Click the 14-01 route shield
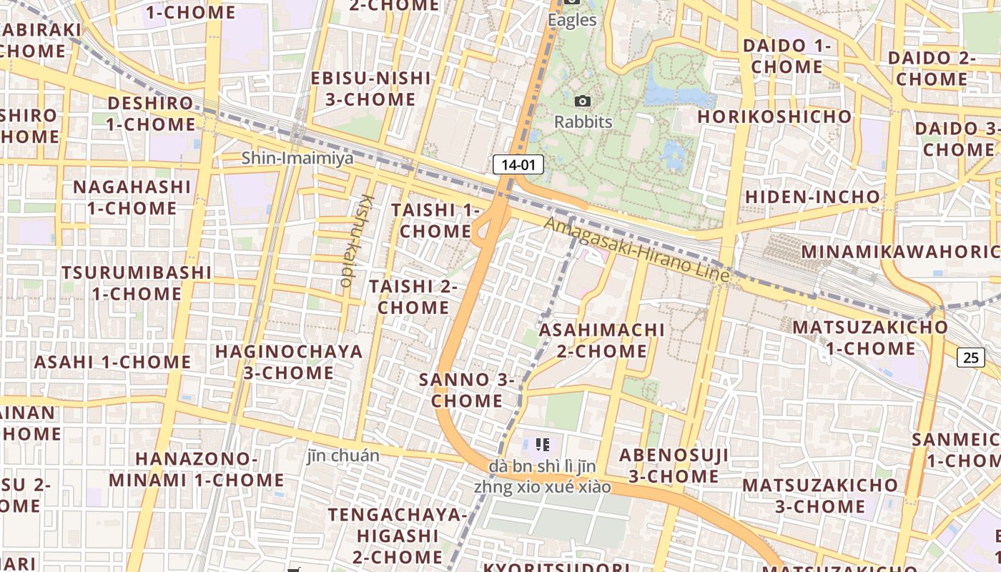tap(518, 165)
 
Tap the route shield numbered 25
tap(971, 357)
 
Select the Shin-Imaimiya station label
tap(297, 158)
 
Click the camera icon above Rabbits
tap(583, 102)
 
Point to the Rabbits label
tap(583, 122)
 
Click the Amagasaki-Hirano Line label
tap(636, 250)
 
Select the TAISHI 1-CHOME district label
tap(435, 221)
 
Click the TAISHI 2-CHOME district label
tap(413, 297)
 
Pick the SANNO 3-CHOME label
tap(467, 390)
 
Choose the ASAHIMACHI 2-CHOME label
tap(601, 340)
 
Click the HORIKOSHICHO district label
tap(774, 117)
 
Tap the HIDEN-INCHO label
tap(812, 197)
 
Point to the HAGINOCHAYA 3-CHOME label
tap(289, 362)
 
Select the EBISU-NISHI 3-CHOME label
tap(370, 89)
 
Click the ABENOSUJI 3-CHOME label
tap(674, 465)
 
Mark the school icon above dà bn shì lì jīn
tap(543, 445)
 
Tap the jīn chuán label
tap(343, 455)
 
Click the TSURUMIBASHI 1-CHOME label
tap(136, 283)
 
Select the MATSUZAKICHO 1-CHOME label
tap(870, 338)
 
